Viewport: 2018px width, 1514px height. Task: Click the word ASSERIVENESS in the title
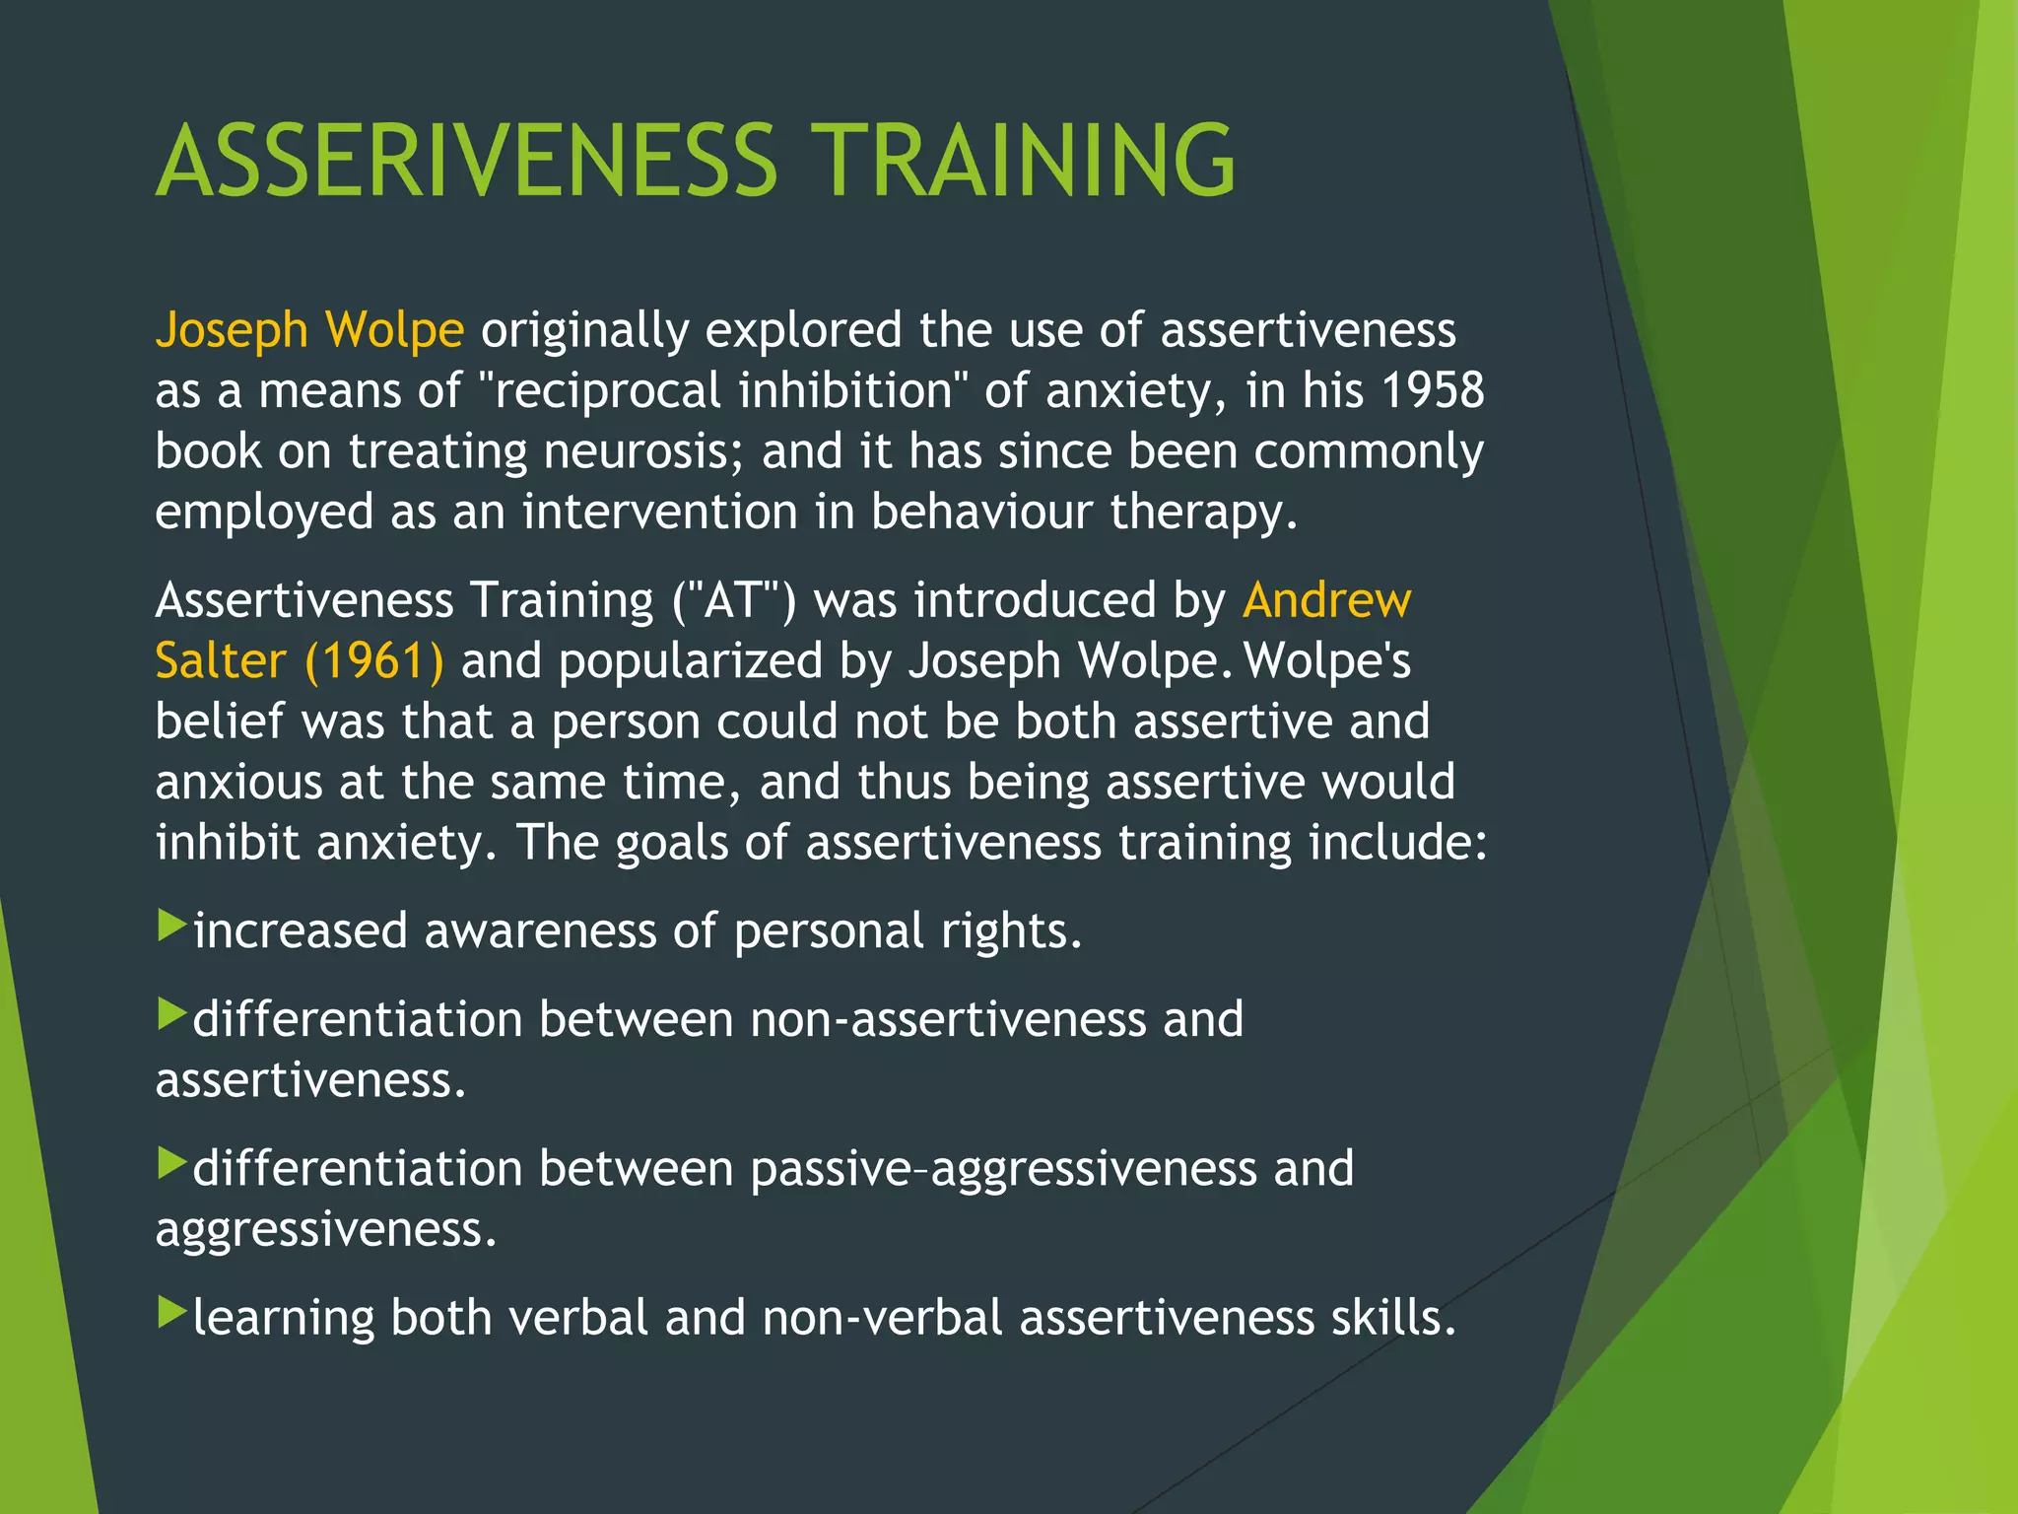click(x=467, y=161)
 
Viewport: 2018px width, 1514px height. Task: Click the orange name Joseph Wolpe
click(x=309, y=329)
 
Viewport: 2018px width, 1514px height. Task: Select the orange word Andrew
click(x=1326, y=600)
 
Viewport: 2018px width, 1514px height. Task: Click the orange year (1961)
click(x=374, y=661)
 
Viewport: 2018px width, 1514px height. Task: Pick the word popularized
click(x=691, y=661)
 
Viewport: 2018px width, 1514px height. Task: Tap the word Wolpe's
click(x=1327, y=661)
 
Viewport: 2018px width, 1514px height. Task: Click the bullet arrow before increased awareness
click(x=171, y=926)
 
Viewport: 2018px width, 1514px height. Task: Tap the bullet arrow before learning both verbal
click(x=171, y=1312)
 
